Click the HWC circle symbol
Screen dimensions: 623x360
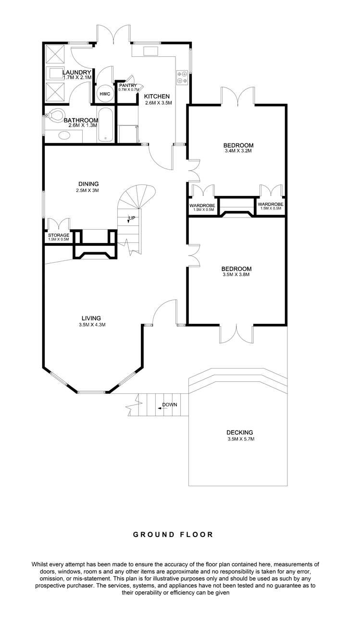105,94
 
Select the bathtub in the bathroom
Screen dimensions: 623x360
106,125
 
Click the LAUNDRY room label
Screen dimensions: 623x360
76,73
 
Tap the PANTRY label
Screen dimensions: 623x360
128,86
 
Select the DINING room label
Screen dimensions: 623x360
88,183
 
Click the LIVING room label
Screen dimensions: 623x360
91,318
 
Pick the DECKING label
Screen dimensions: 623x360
240,432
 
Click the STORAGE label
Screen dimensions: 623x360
58,235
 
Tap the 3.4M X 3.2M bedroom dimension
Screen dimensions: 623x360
238,151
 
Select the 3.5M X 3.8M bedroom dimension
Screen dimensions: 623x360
236,275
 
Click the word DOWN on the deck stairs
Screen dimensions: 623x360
169,404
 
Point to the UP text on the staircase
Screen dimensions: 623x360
131,218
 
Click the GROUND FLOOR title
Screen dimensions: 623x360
180,534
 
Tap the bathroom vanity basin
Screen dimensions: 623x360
63,135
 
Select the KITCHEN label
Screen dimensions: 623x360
157,96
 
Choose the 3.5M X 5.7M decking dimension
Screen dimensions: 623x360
240,439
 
